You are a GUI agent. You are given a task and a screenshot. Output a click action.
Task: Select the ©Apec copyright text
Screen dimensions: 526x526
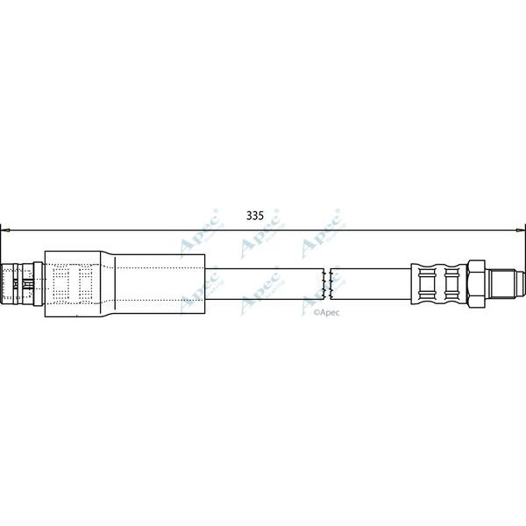325,310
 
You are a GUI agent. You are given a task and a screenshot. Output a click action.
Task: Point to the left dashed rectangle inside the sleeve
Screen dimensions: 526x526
61,282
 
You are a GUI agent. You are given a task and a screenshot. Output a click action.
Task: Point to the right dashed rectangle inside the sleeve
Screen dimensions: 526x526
86,282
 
